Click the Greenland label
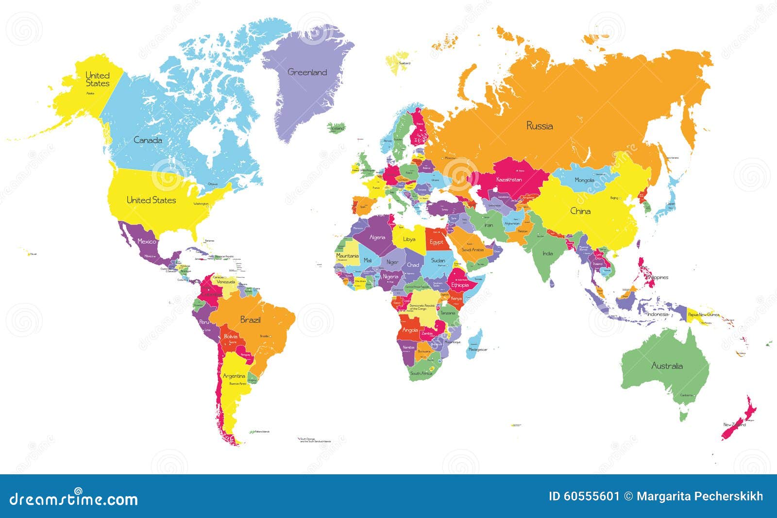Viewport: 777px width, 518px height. (307, 72)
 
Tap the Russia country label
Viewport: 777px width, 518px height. (540, 126)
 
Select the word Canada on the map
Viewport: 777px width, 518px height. (148, 140)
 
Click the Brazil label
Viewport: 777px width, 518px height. (250, 320)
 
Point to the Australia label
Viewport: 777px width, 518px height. (667, 366)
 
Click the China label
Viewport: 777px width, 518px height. (580, 211)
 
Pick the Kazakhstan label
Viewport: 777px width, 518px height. (509, 180)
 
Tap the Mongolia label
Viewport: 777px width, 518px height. (584, 180)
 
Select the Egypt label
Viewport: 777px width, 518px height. (436, 242)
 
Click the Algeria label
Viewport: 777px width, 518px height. (377, 237)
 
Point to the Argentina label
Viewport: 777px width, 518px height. (234, 376)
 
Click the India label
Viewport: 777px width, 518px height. (547, 253)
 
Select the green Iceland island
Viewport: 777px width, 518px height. (336, 128)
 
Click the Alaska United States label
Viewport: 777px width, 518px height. (98, 80)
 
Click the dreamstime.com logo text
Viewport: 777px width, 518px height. (74, 499)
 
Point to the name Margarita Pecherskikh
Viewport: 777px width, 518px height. (700, 496)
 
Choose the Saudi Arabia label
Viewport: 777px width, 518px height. (472, 250)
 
